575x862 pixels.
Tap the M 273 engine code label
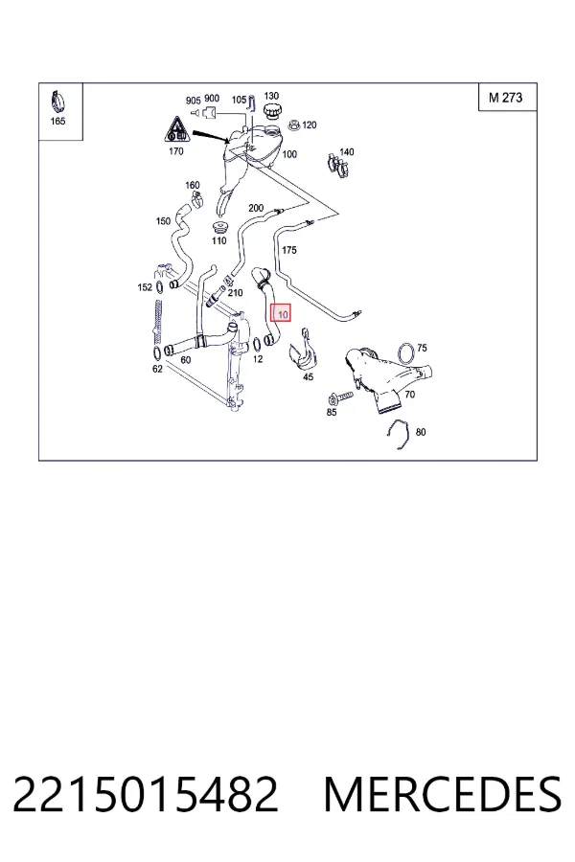tap(505, 98)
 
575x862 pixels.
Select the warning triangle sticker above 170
tap(176, 129)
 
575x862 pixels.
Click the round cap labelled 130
tap(271, 112)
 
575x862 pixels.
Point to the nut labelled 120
tap(294, 125)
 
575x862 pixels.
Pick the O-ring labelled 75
tap(405, 352)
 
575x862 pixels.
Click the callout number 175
tap(288, 250)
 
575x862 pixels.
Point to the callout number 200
tap(256, 208)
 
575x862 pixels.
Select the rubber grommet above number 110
tap(220, 228)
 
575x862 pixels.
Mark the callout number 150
tap(163, 221)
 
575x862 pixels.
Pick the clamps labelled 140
tap(340, 167)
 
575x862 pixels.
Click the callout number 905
tap(194, 100)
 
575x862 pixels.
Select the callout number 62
tap(157, 369)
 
